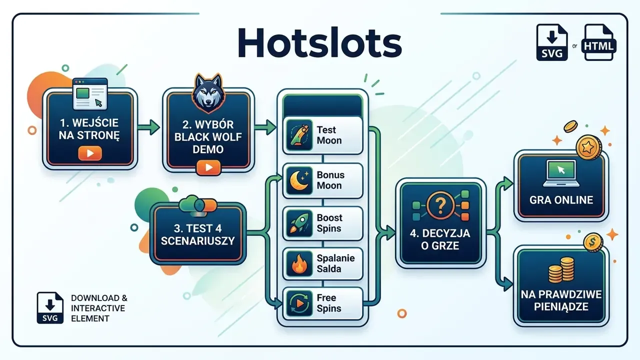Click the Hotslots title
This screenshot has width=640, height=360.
pyautogui.click(x=320, y=43)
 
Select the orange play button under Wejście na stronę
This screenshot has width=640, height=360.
pyautogui.click(x=89, y=153)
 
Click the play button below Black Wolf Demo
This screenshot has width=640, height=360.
pyautogui.click(x=208, y=167)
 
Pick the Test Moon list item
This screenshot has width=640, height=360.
pyautogui.click(x=323, y=135)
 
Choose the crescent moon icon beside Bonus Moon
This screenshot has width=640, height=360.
pyautogui.click(x=299, y=181)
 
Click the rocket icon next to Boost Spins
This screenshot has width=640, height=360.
pyautogui.click(x=299, y=223)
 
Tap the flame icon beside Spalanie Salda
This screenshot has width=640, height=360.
pyautogui.click(x=299, y=263)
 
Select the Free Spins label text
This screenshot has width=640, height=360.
pyautogui.click(x=329, y=303)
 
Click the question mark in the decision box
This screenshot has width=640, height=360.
pyautogui.click(x=440, y=205)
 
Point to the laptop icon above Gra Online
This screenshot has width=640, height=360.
pyautogui.click(x=561, y=173)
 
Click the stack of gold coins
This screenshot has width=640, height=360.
pyautogui.click(x=561, y=270)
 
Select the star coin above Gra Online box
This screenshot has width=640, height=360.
pyautogui.click(x=588, y=147)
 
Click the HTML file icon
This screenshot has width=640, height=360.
pyautogui.click(x=598, y=42)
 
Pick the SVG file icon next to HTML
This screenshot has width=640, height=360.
pyautogui.click(x=552, y=42)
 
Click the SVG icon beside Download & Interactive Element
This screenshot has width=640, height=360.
pyautogui.click(x=50, y=307)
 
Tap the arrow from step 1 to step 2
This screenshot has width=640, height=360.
pyautogui.click(x=148, y=127)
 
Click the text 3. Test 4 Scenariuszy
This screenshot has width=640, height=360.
pyautogui.click(x=197, y=234)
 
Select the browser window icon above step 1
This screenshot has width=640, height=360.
pyautogui.click(x=90, y=93)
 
